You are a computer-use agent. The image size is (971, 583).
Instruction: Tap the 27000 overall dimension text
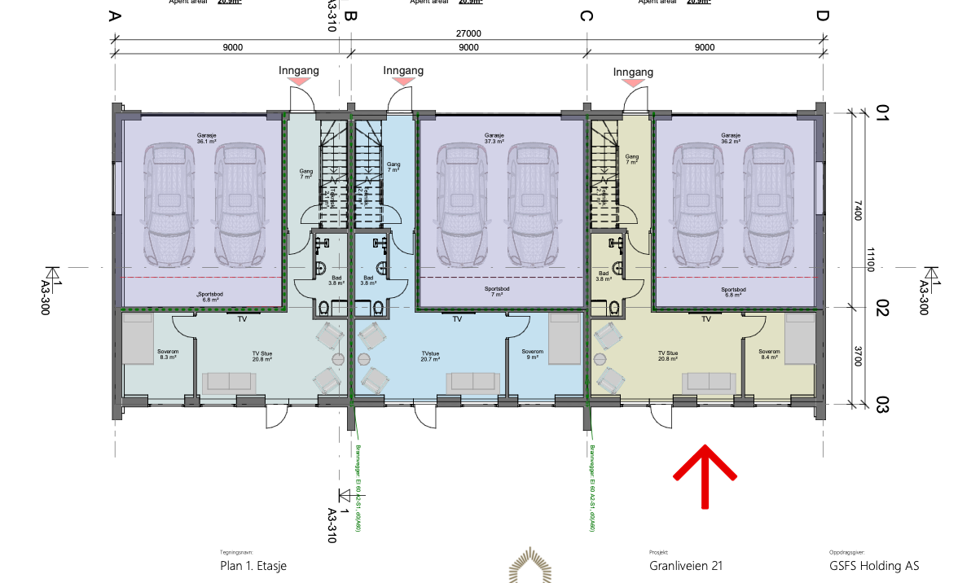coord(468,33)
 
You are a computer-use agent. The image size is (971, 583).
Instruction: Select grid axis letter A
coord(115,16)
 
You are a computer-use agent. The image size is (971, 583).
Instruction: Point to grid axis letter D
coord(822,16)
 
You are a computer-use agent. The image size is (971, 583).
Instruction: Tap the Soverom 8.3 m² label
coord(168,354)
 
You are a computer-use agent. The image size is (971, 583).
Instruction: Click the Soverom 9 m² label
coord(533,354)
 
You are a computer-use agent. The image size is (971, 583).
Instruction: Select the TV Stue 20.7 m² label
coord(434,355)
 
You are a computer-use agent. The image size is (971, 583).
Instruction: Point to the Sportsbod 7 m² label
coord(497,291)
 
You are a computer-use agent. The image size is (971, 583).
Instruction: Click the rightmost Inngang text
coord(633,72)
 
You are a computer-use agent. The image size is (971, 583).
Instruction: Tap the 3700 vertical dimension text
coord(858,355)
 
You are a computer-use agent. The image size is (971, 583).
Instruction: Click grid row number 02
coord(882,308)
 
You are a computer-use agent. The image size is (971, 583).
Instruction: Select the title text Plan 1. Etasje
coord(253,566)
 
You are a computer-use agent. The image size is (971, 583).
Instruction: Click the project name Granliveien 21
coord(685,566)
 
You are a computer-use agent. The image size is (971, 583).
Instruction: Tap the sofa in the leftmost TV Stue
coord(227,381)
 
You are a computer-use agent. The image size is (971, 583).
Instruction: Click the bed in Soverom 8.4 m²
coord(799,339)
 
